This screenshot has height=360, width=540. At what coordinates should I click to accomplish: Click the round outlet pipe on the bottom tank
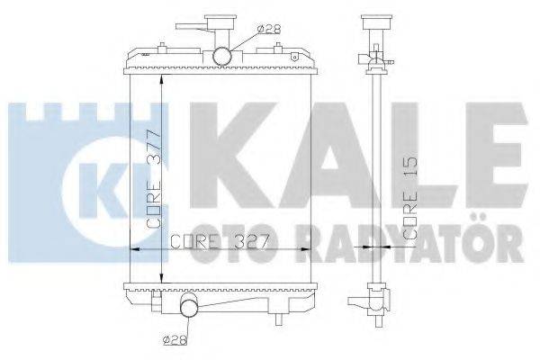click(x=191, y=309)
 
